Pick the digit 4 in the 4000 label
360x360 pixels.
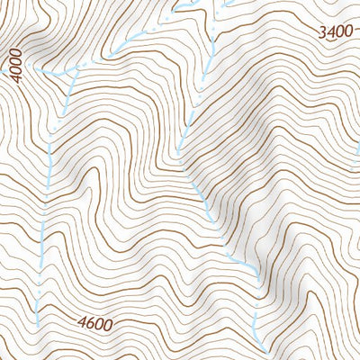13,80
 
